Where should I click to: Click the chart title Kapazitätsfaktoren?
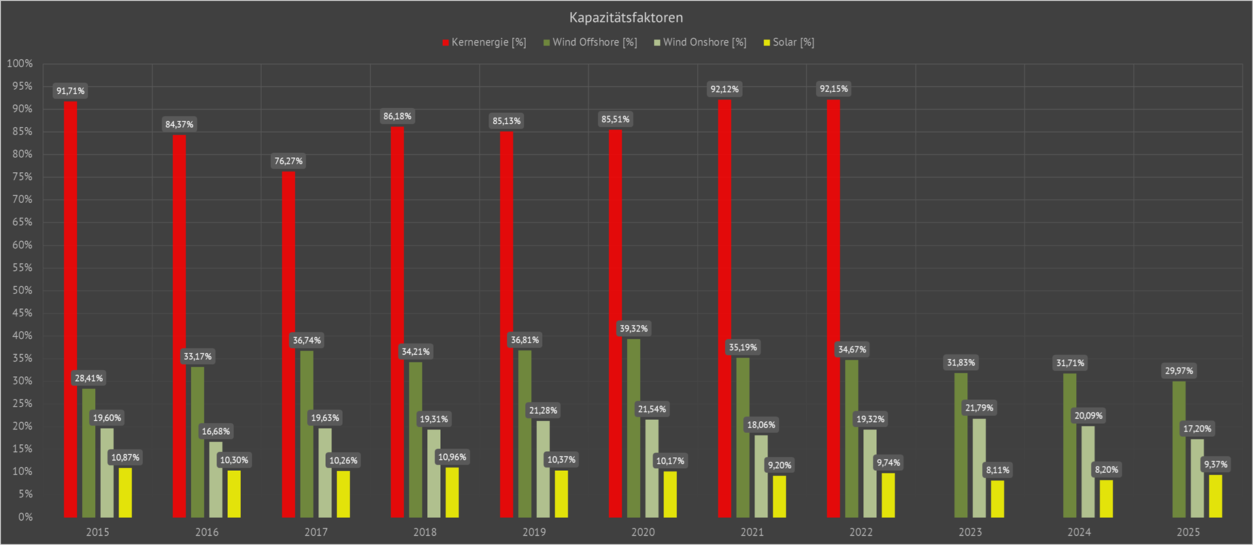point(626,18)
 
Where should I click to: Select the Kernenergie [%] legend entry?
point(484,42)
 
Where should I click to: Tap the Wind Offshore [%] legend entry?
point(590,42)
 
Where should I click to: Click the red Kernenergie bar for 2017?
point(288,344)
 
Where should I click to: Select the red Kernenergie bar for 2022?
point(833,308)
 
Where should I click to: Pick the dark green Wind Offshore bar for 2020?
point(633,428)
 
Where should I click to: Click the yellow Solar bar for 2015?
point(125,493)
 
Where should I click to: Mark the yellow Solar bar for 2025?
point(1215,496)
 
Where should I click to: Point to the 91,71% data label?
point(71,90)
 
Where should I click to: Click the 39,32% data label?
point(633,329)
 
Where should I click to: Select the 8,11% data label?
point(997,470)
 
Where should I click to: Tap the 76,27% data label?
point(288,161)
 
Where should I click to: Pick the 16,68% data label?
point(216,431)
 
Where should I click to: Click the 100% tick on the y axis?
point(20,63)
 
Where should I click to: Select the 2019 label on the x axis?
point(534,532)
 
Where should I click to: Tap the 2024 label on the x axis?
point(1079,532)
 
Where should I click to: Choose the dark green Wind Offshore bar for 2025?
point(1179,449)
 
